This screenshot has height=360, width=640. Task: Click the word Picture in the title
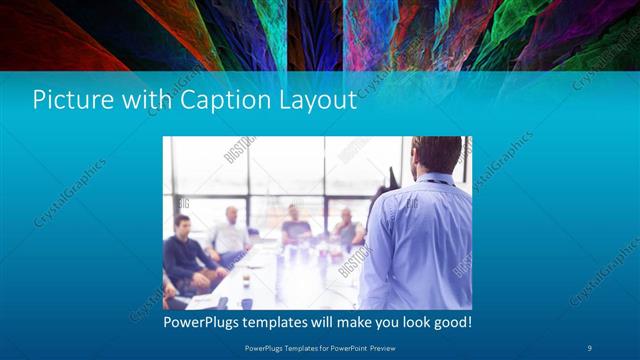[x=66, y=100]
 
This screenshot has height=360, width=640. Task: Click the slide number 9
[x=589, y=347]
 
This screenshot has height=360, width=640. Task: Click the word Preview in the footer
[x=381, y=347]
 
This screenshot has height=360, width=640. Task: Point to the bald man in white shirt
[x=231, y=233]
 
